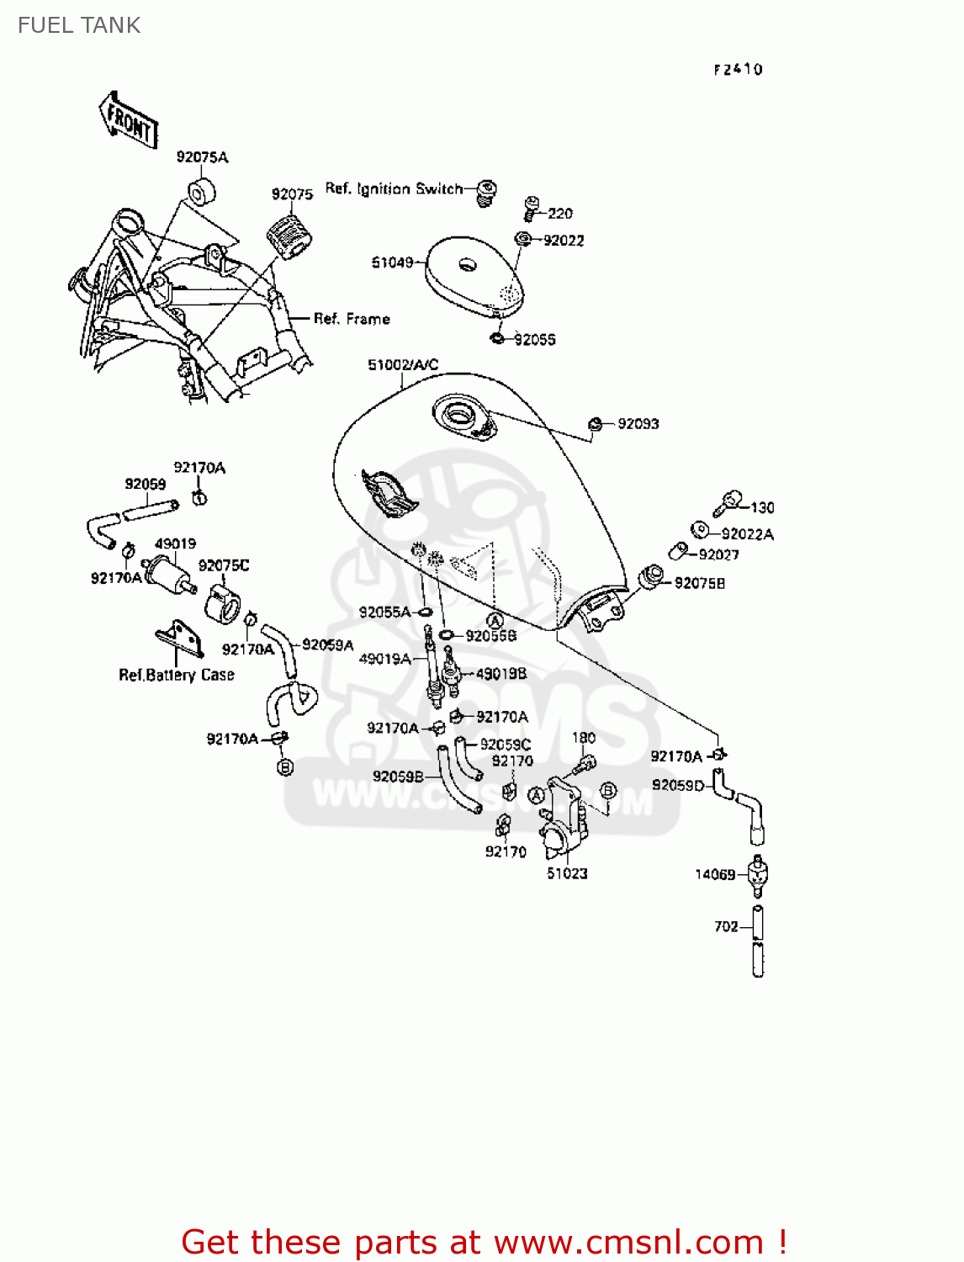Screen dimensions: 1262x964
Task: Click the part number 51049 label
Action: [x=392, y=262]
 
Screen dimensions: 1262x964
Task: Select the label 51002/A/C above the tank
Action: [x=403, y=365]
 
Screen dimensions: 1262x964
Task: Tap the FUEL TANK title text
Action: [x=79, y=25]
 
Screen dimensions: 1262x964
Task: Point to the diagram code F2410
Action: [x=738, y=70]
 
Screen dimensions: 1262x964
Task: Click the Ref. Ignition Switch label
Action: [x=394, y=188]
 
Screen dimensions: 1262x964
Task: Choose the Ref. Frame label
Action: [x=352, y=319]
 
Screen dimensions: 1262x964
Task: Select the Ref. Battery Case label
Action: [x=177, y=675]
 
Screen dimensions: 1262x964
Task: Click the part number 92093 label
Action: [x=638, y=424]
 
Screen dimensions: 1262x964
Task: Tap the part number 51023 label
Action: [x=567, y=873]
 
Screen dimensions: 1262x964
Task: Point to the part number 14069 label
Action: [x=715, y=875]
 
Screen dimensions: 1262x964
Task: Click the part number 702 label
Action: [x=726, y=926]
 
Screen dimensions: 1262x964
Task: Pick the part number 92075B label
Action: [x=700, y=583]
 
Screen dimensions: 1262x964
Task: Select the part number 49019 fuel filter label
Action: [x=175, y=544]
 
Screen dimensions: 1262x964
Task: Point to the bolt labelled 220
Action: [x=531, y=209]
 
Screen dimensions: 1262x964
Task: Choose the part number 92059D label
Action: [x=678, y=785]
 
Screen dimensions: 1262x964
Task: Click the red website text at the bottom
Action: [x=484, y=1242]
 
